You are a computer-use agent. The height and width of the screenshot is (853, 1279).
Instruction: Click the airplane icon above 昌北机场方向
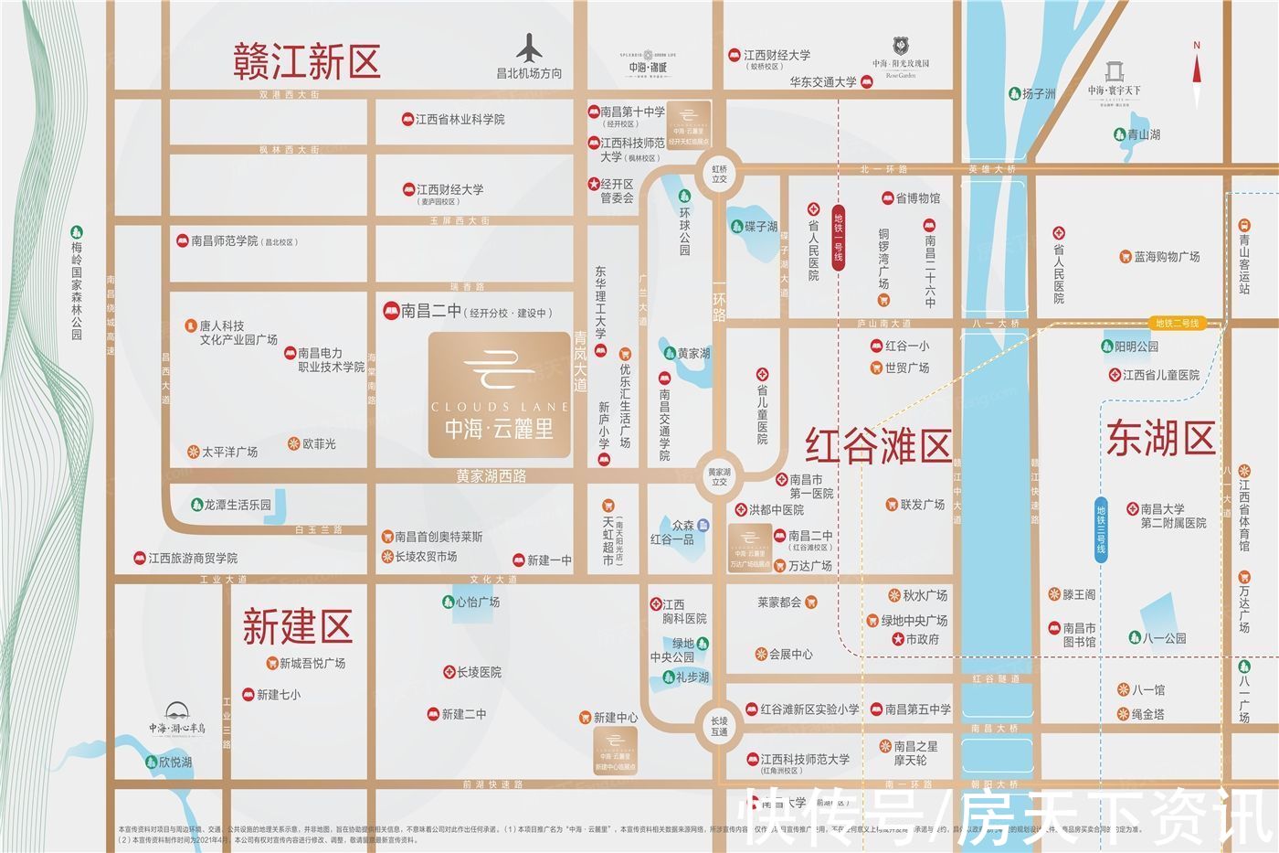pyautogui.click(x=529, y=48)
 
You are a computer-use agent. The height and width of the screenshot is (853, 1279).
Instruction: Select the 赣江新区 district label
pyautogui.click(x=306, y=61)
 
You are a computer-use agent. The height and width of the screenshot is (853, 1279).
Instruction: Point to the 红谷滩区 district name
pyautogui.click(x=878, y=446)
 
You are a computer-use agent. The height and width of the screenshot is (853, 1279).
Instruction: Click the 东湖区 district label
pyautogui.click(x=1160, y=438)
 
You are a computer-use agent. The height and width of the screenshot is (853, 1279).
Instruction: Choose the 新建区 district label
pyautogui.click(x=297, y=627)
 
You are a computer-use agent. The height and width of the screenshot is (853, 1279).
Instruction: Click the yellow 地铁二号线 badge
pyautogui.click(x=1177, y=323)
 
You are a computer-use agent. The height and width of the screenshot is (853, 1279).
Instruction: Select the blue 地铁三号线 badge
pyautogui.click(x=1101, y=529)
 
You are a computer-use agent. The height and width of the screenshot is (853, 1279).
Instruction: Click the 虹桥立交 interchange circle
pyautogui.click(x=720, y=174)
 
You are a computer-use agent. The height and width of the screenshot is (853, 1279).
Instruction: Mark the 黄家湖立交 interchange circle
pyautogui.click(x=720, y=477)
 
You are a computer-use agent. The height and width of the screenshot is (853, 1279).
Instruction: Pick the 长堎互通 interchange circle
pyautogui.click(x=720, y=726)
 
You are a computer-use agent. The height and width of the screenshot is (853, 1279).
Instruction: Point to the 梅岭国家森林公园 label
pyautogui.click(x=77, y=290)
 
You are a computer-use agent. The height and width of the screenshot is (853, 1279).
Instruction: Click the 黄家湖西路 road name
pyautogui.click(x=492, y=476)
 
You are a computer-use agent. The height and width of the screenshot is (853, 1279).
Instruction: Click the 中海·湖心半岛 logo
pyautogui.click(x=177, y=719)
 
